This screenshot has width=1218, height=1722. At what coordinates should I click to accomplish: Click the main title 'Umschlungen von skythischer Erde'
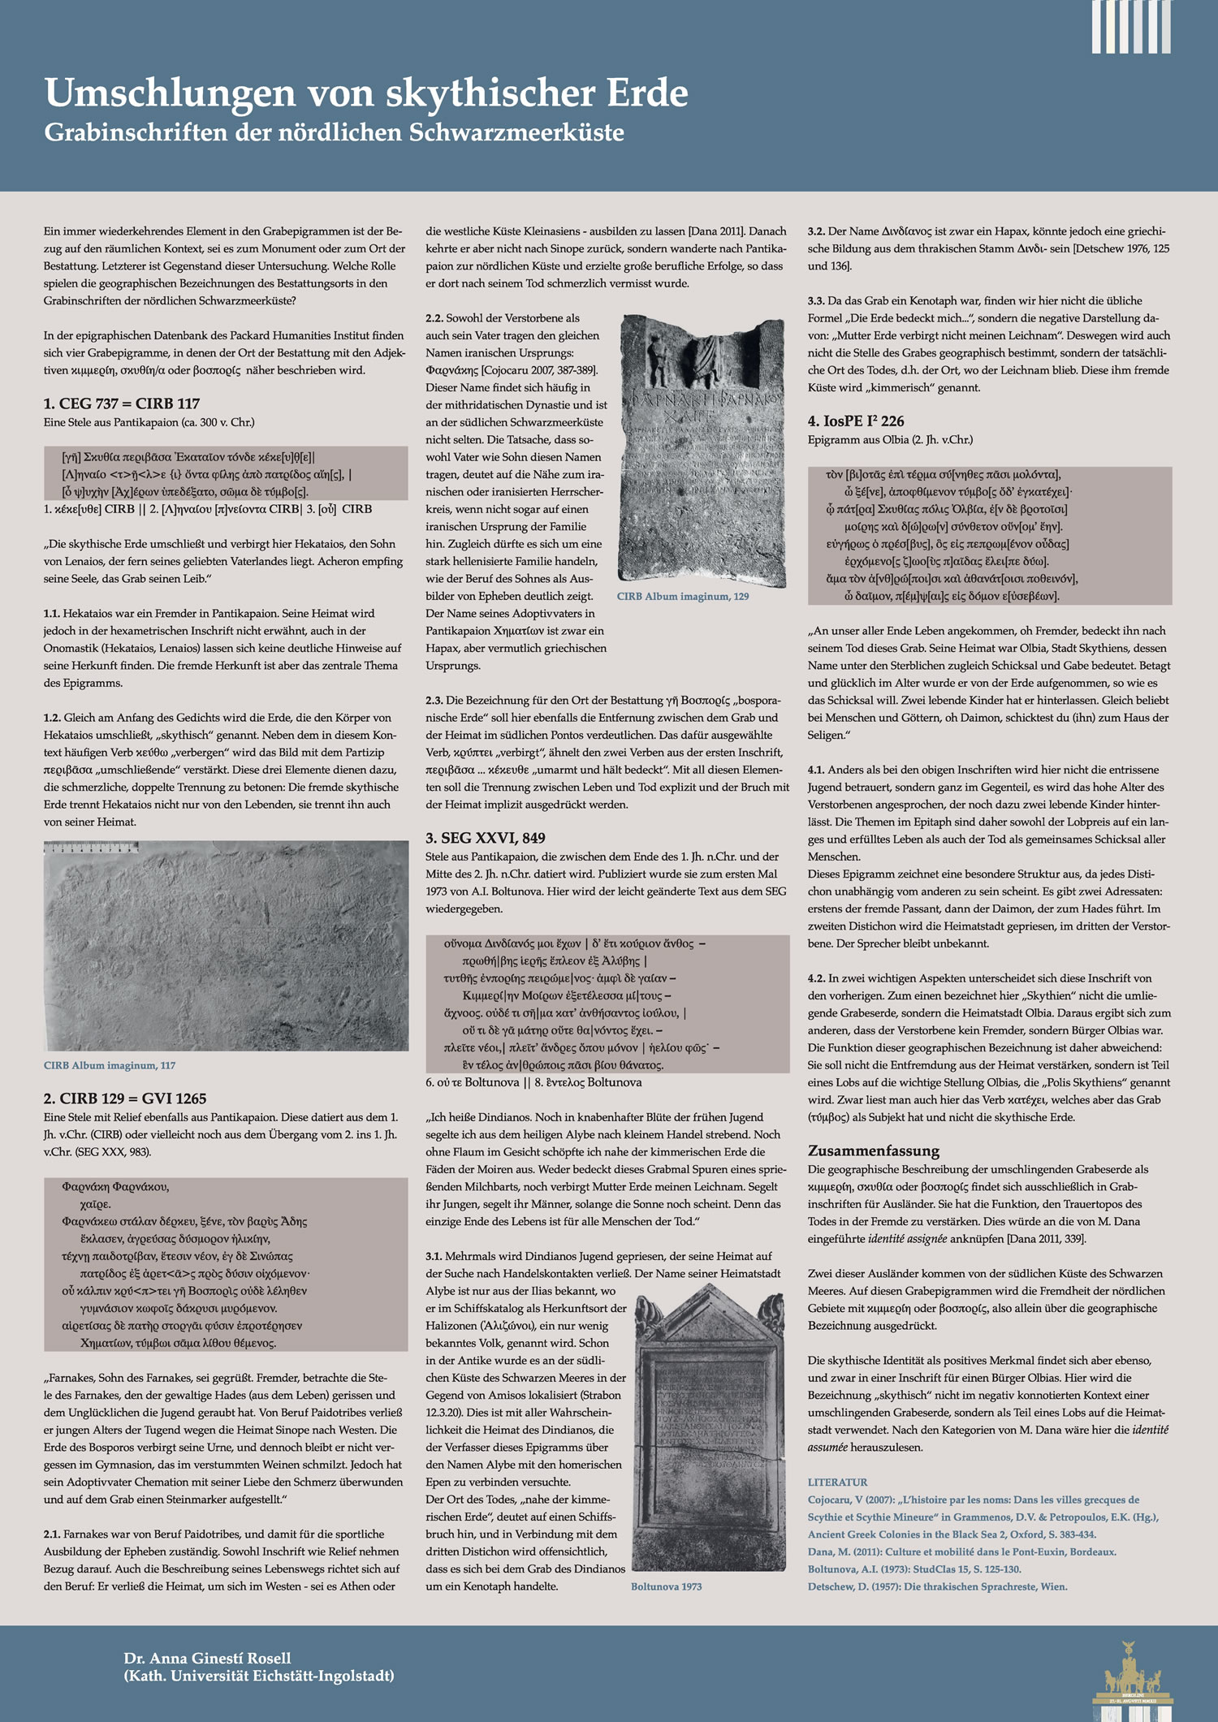(x=366, y=93)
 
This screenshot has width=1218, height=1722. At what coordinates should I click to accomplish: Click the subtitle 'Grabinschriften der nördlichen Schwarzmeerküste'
(x=334, y=133)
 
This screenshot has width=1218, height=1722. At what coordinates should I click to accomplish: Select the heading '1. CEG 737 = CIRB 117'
(x=122, y=404)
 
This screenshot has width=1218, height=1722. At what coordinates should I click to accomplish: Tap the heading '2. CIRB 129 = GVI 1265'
(x=125, y=1098)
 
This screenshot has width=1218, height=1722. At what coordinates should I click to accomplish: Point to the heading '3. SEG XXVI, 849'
(x=486, y=838)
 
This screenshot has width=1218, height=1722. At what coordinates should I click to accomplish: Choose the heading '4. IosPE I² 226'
(x=856, y=421)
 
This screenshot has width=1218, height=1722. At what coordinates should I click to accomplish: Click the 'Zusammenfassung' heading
(x=874, y=1150)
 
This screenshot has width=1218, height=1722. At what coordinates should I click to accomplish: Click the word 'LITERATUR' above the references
(x=837, y=1482)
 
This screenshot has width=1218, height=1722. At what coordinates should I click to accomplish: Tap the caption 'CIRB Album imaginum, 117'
(x=110, y=1065)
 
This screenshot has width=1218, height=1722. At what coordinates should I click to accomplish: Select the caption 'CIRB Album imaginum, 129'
(x=683, y=596)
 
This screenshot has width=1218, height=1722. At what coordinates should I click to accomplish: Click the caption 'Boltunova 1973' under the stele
(x=666, y=1586)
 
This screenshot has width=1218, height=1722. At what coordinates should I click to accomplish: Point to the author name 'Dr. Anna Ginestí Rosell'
(x=207, y=1658)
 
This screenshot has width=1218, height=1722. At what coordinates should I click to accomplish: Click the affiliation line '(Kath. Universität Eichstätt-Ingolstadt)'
(x=259, y=1676)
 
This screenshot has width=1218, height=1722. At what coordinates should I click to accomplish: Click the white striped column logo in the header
(x=1131, y=28)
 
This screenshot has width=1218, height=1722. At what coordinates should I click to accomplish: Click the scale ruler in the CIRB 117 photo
(x=91, y=848)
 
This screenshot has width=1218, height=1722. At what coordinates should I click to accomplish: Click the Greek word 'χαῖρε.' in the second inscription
(x=96, y=1204)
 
